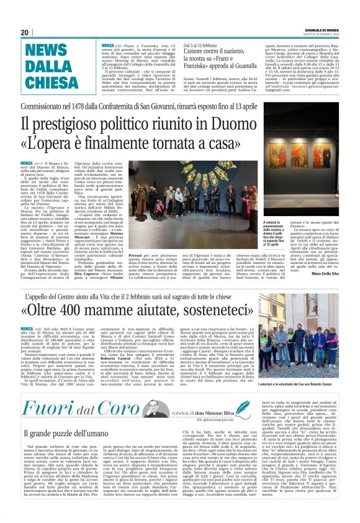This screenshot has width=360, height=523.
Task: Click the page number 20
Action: click(x=25, y=32)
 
